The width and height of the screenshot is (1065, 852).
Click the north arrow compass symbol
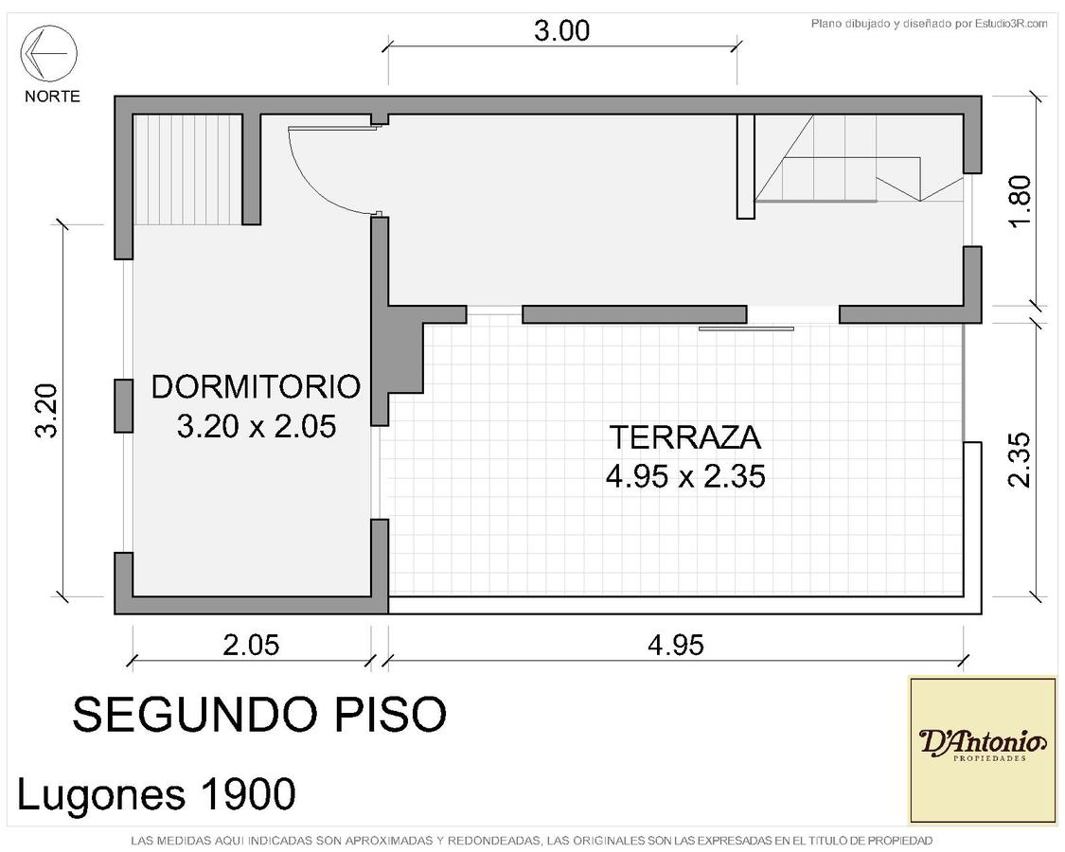[49, 53]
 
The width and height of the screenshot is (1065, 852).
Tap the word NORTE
[52, 97]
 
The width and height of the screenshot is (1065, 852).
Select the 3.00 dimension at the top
[561, 30]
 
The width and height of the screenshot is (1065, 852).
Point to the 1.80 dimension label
[1021, 202]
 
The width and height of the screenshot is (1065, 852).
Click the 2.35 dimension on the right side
[1021, 460]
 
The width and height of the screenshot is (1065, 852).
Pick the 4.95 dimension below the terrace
[676, 645]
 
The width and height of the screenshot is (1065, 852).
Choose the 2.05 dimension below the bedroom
[251, 645]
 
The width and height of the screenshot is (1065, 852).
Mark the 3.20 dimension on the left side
[47, 411]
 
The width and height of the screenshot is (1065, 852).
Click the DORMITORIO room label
[256, 386]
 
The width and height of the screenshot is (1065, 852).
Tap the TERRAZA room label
[685, 436]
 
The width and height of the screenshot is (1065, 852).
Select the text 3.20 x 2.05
[257, 427]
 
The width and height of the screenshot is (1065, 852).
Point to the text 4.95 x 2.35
[686, 476]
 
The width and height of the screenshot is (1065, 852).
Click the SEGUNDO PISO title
[259, 714]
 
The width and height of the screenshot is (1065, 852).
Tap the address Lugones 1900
[156, 793]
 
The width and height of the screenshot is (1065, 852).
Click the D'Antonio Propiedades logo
[983, 750]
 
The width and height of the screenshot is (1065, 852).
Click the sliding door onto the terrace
[747, 328]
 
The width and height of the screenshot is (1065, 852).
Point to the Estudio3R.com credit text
[930, 25]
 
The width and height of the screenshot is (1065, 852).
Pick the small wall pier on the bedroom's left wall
[124, 405]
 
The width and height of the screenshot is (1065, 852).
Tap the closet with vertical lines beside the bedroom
[188, 169]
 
